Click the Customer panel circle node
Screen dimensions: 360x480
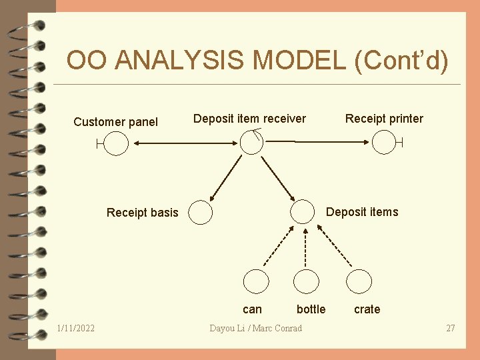coord(116,143)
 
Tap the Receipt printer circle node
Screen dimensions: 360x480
coord(383,142)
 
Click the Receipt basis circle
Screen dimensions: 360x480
coord(200,213)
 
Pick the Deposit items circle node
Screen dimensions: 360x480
coord(302,211)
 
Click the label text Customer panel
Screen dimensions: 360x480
coord(115,121)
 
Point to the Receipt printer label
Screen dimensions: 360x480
coord(384,119)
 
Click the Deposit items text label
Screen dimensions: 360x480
coord(361,212)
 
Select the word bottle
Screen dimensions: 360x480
coord(311,309)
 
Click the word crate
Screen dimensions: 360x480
coord(367,309)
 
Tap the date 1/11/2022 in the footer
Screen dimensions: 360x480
coord(76,328)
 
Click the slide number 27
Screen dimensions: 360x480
coord(451,328)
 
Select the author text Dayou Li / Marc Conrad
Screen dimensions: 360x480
coord(255,328)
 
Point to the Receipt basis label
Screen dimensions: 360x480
coord(143,213)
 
